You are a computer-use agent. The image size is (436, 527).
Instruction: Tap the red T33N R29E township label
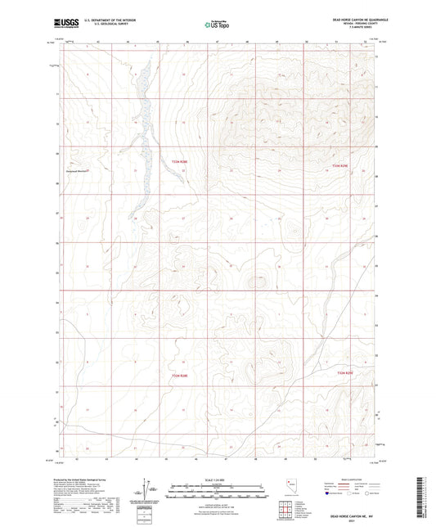coord(341,166)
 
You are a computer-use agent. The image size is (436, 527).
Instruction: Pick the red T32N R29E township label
coord(347,372)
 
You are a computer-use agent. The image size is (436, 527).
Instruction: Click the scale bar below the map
coord(217,488)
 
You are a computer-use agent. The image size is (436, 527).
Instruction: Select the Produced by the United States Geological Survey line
coord(85,479)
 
